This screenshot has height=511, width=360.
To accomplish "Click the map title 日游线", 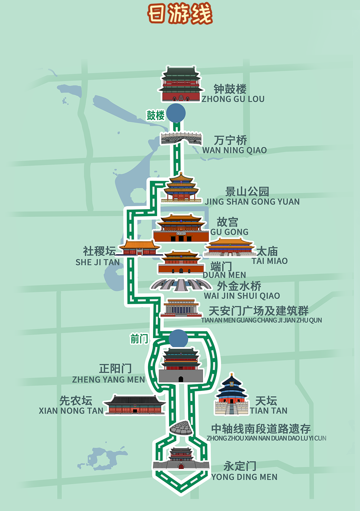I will [x=180, y=14].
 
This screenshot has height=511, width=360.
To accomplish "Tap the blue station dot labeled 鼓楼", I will [x=176, y=113].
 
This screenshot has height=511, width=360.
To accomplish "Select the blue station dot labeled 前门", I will [x=178, y=339].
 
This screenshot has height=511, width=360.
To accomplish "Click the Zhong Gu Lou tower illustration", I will [x=181, y=84].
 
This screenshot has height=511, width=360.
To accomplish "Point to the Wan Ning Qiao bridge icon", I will [x=181, y=138].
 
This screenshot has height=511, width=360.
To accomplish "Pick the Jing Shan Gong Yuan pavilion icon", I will [x=181, y=188].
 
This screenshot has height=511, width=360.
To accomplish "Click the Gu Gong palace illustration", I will [x=181, y=229].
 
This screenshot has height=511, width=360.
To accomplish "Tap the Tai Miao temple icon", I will [x=229, y=247].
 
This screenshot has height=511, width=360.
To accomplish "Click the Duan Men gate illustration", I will [x=181, y=262].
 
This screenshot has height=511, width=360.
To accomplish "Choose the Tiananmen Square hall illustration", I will [x=181, y=308].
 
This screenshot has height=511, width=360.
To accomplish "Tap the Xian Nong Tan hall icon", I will [x=135, y=405].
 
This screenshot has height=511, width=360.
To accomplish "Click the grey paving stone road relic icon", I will [x=181, y=428].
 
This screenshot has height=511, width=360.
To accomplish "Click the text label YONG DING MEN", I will [x=244, y=477].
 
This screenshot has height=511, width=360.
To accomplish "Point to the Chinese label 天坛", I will [x=266, y=400].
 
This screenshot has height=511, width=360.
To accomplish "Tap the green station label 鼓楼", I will [x=155, y=115].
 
